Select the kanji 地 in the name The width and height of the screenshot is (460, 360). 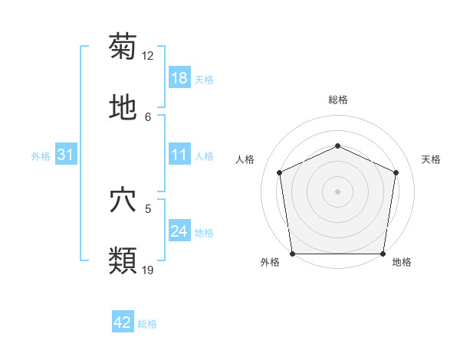click(x=123, y=107)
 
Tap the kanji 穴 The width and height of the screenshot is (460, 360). click(x=123, y=200)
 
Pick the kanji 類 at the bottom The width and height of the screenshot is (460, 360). click(x=123, y=260)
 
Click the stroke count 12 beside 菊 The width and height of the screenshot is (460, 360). click(x=148, y=56)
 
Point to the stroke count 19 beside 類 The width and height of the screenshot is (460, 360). click(x=148, y=270)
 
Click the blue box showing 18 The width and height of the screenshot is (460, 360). click(x=179, y=78)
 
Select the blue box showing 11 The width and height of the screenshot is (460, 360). click(x=179, y=155)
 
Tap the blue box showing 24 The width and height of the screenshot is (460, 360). click(x=179, y=231)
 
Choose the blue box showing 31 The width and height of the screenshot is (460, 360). click(x=66, y=155)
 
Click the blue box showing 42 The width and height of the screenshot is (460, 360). click(x=123, y=322)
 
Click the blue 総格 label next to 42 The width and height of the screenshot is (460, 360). click(x=147, y=324)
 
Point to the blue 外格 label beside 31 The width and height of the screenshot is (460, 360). click(x=41, y=156)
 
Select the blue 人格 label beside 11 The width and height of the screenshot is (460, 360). click(x=204, y=156)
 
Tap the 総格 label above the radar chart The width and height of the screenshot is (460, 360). click(x=337, y=100)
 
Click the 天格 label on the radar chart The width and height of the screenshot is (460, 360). click(x=431, y=159)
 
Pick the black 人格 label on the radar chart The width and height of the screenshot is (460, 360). click(x=245, y=159)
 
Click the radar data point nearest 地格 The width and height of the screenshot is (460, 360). click(x=383, y=254)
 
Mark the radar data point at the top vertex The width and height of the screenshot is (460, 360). click(x=337, y=145)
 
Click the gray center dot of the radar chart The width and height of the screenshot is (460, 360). click(x=337, y=191)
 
